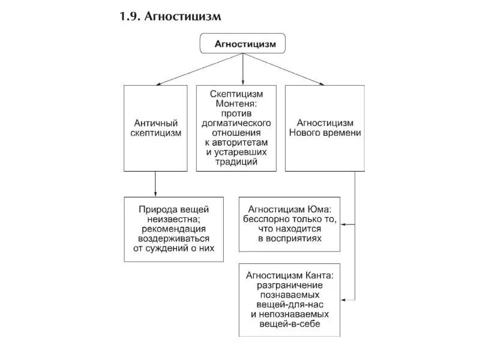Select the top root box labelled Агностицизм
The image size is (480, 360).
pyautogui.click(x=242, y=44)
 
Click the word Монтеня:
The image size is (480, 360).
pyautogui.click(x=236, y=104)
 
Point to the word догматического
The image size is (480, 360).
pyautogui.click(x=236, y=124)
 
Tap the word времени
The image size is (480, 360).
pyautogui.click(x=342, y=133)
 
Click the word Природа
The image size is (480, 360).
pyautogui.click(x=157, y=209)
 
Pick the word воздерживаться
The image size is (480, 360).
pyautogui.click(x=174, y=238)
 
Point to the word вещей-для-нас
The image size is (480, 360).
pyautogui.click(x=290, y=304)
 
